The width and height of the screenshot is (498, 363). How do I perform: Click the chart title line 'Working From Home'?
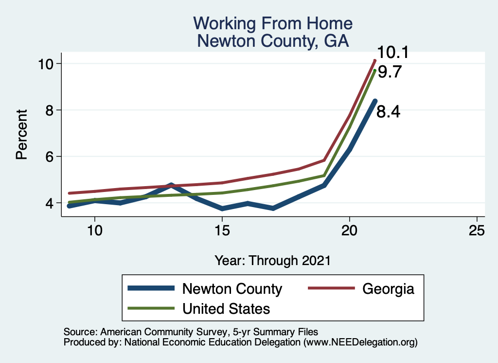coord(272,23)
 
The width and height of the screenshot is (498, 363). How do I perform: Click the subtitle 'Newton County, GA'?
coord(272,40)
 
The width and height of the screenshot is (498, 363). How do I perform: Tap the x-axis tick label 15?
coord(222,230)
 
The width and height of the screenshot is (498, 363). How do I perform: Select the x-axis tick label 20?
coord(349,230)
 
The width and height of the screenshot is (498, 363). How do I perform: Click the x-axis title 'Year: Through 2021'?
coord(272,260)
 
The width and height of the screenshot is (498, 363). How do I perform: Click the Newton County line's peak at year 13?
coord(171,185)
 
